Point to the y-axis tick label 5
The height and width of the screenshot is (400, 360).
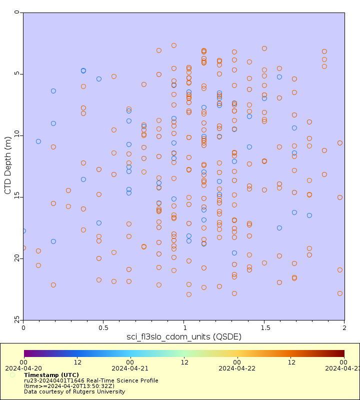click(16, 74)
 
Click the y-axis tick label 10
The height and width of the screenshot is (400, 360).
click(15, 135)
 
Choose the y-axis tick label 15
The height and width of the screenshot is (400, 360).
click(15, 196)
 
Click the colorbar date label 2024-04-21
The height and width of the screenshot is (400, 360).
click(130, 368)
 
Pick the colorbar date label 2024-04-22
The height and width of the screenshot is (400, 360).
click(237, 368)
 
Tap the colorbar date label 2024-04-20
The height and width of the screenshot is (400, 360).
click(23, 368)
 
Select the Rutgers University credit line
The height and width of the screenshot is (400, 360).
click(74, 391)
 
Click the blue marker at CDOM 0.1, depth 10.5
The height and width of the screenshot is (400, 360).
click(38, 141)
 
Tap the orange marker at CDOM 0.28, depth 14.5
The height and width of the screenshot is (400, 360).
click(68, 190)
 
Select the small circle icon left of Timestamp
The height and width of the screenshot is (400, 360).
click(12, 375)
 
